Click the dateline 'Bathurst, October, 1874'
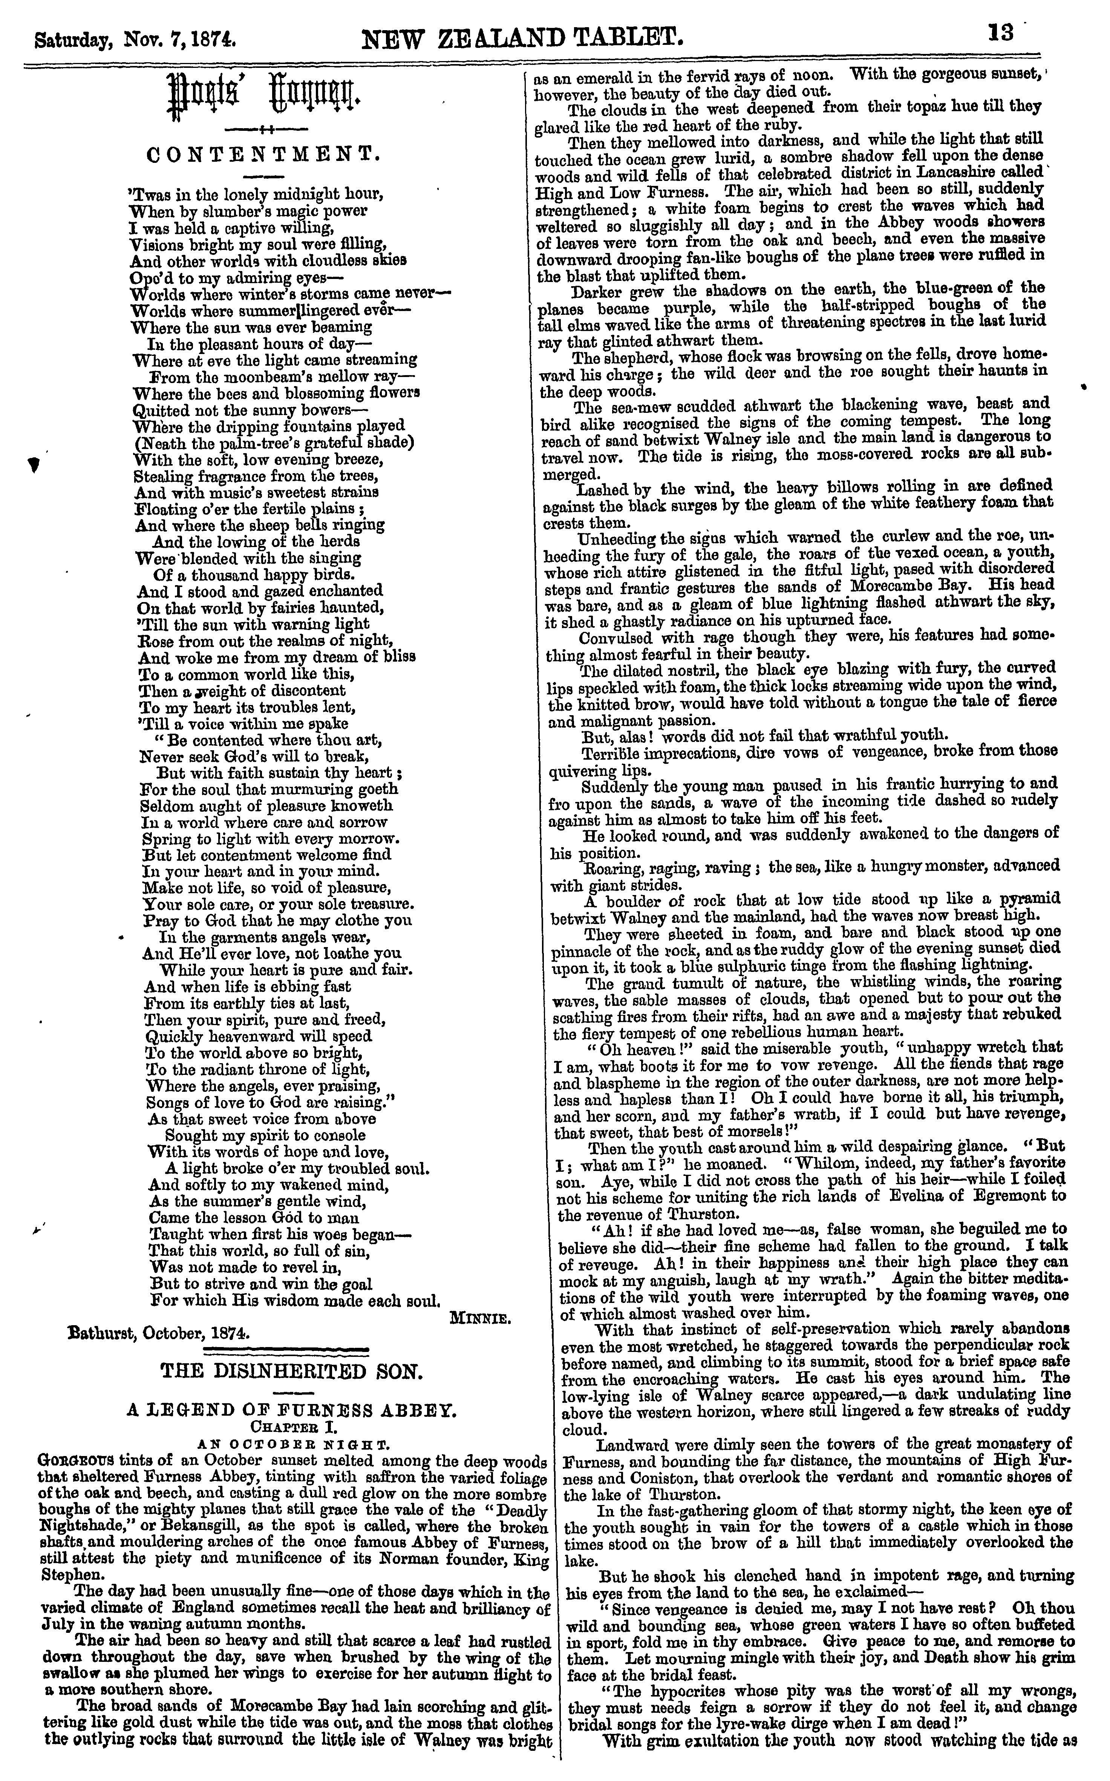coord(158,1332)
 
